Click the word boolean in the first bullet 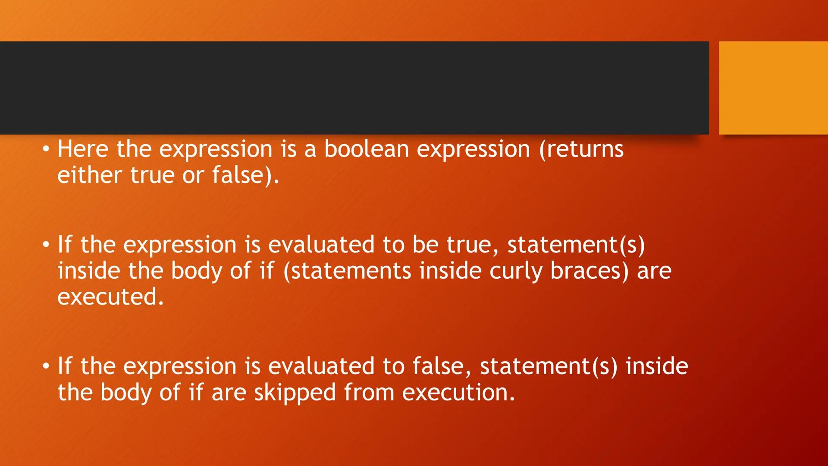point(366,149)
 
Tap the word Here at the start point(83,149)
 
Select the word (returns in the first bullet point(581,149)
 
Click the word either point(90,175)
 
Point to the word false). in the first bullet point(245,175)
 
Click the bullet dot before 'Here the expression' point(46,150)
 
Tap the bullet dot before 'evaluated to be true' point(46,245)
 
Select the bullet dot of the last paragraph point(46,366)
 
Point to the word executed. point(110,297)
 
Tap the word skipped point(295,393)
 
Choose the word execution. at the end point(458,392)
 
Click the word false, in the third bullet point(442,366)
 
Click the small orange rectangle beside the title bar point(773,88)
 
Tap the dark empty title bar point(354,88)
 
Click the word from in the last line point(369,392)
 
